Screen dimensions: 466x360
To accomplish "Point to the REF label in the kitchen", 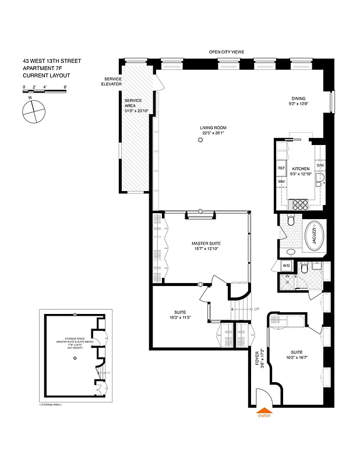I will (281, 168).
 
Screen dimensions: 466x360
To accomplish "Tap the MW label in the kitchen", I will (281, 182).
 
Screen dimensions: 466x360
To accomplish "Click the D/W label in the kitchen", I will (320, 166).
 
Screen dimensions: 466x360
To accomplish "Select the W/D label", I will (286, 266).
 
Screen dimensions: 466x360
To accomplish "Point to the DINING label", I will (298, 98).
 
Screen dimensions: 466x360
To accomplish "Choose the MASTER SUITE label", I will (206, 243).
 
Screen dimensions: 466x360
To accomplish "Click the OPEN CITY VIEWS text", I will (227, 52).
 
